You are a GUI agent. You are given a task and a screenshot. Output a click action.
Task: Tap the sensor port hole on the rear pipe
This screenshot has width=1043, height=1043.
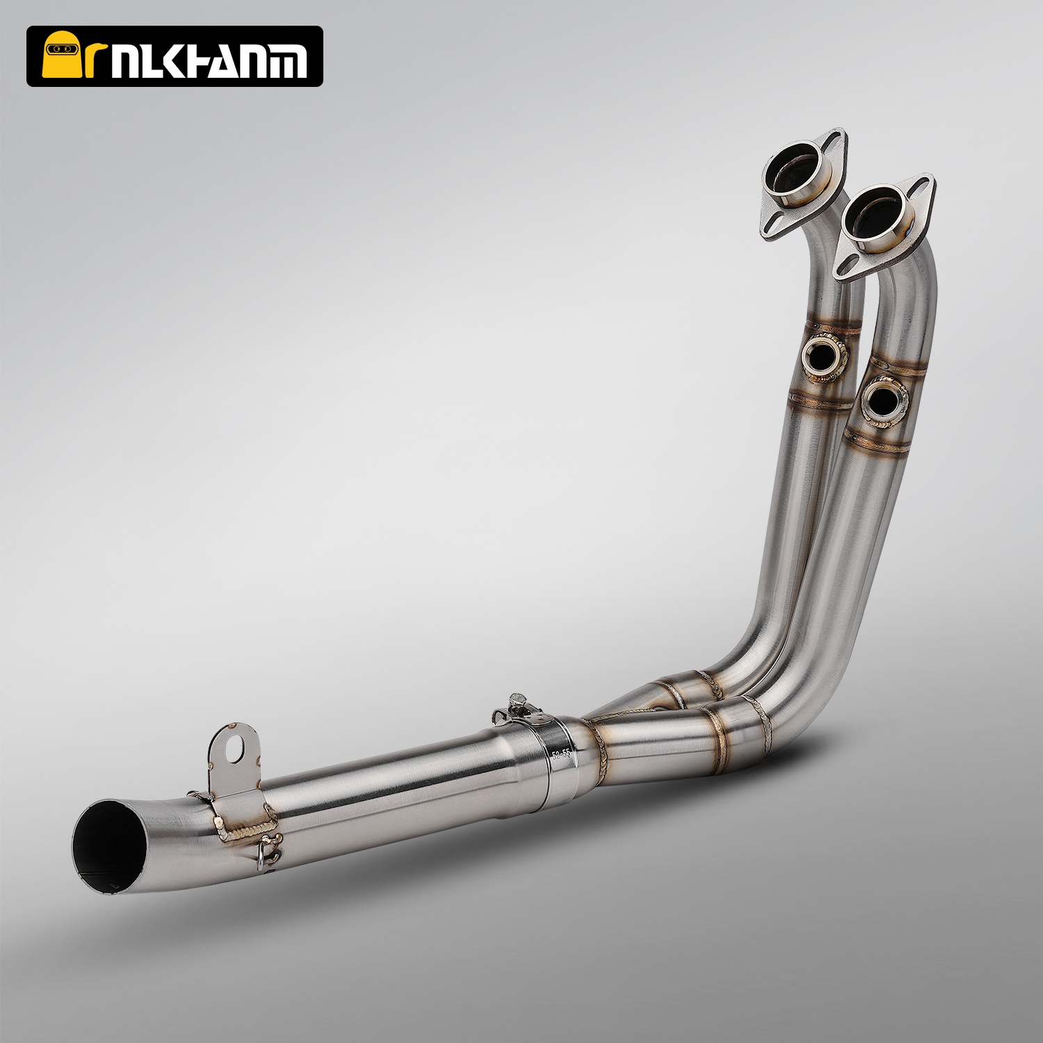coord(823,357)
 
